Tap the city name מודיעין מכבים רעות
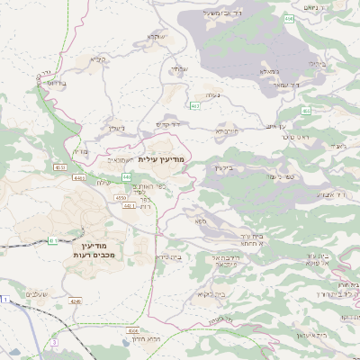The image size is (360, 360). (91, 250)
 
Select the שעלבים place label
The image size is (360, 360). (37, 294)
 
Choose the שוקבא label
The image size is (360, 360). (155, 37)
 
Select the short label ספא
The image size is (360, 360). (200, 218)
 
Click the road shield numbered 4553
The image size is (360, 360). (59, 166)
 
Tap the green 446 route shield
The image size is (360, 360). (126, 176)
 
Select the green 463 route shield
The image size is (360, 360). (194, 105)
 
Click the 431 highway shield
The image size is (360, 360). (54, 240)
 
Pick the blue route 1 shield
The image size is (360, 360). (4, 298)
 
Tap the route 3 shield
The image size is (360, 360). (54, 343)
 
